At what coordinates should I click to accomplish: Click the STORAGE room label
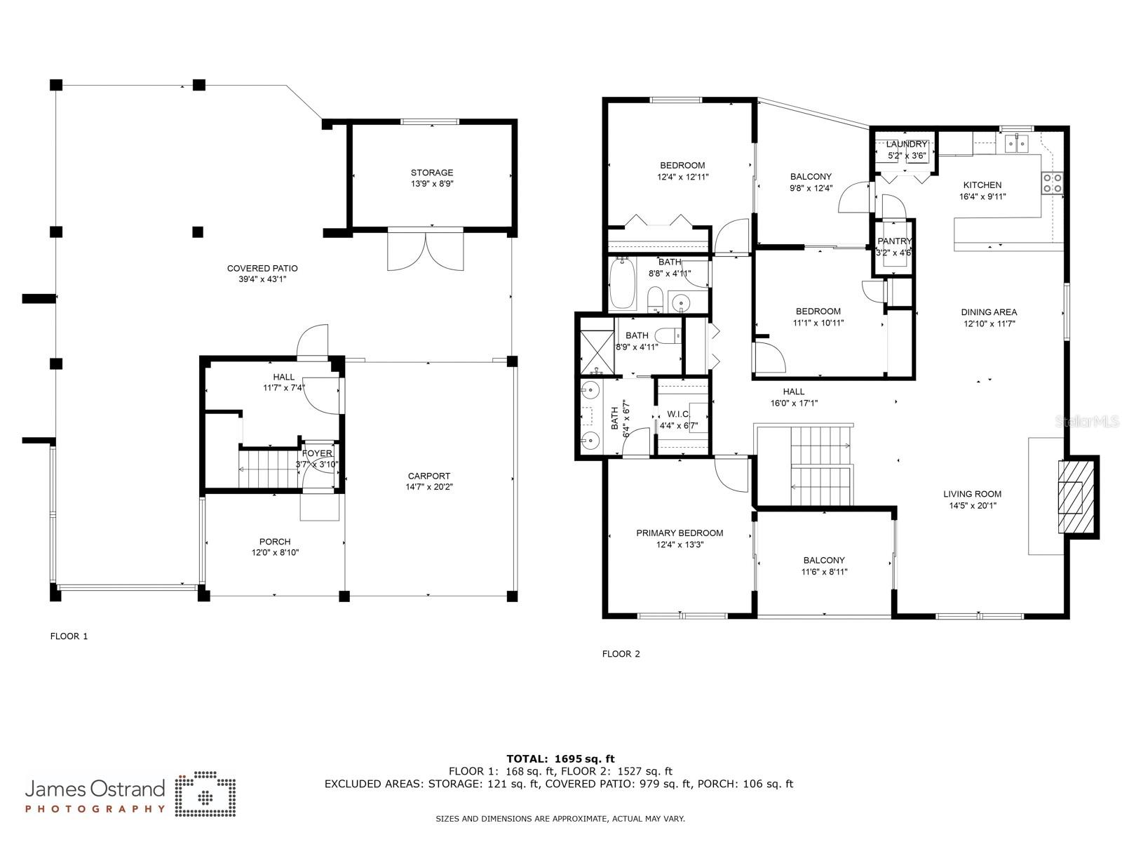coord(432,173)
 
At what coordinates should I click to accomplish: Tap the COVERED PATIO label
coord(262,269)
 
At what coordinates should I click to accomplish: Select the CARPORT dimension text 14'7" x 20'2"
coord(429,487)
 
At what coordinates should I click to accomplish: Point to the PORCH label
coord(275,542)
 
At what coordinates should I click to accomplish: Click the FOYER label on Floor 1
coord(317,453)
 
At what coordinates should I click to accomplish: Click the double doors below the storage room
coord(425,250)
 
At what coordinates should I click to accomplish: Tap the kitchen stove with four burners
coord(1052,183)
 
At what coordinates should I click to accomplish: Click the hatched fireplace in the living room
coord(1076,497)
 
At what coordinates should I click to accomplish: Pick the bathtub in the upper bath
coord(623,283)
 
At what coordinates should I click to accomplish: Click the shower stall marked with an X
coord(597,353)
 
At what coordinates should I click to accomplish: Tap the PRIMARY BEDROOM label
coord(680,533)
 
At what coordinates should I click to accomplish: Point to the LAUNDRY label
coord(906,144)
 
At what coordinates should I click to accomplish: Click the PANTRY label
coord(895,241)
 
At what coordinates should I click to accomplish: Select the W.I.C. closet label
coord(678,414)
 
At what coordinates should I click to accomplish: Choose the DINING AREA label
coord(989,312)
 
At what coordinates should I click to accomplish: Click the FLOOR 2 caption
coord(621,653)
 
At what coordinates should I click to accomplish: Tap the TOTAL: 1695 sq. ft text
coord(560,759)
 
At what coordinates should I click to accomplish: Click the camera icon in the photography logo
coord(205,795)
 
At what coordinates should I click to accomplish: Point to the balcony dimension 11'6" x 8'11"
coord(824,572)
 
